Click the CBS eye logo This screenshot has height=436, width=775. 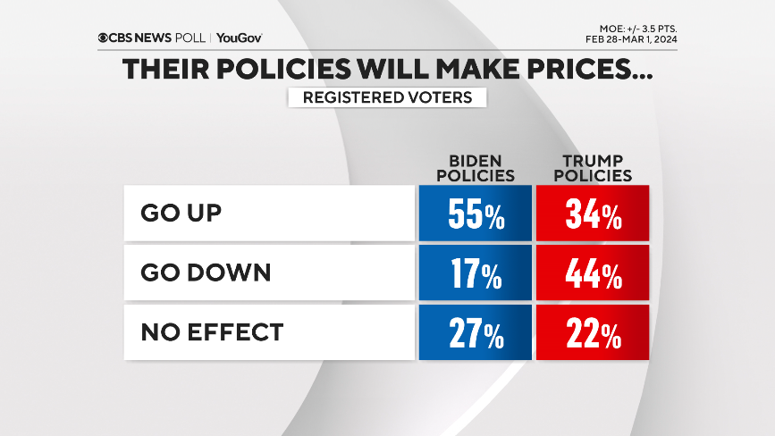tap(104, 38)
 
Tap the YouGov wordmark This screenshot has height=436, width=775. tap(239, 38)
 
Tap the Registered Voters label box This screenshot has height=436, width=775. tap(387, 97)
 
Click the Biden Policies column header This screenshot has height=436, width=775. tap(474, 167)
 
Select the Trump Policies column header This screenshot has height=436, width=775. tap(592, 167)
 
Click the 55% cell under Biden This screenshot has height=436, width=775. tap(474, 214)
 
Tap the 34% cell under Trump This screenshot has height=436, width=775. tap(593, 214)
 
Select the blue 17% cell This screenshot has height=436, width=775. tap(474, 274)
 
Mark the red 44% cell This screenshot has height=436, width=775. tap(593, 274)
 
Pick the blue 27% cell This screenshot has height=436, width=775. tap(474, 333)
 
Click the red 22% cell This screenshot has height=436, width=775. tap(593, 333)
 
